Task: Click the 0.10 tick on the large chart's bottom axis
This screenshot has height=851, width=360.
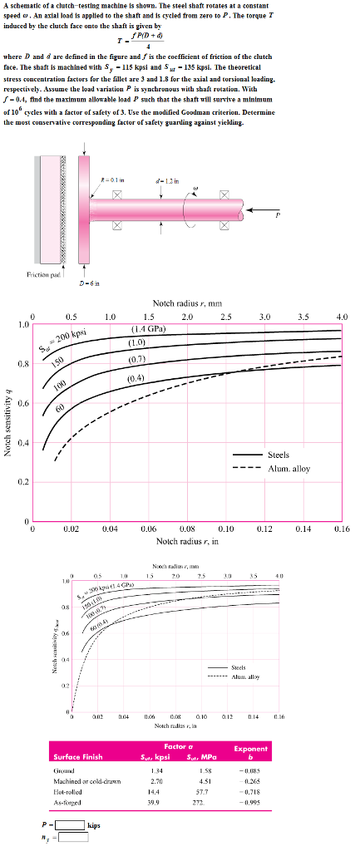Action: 225,528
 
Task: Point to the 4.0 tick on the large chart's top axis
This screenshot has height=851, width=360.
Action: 341,317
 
